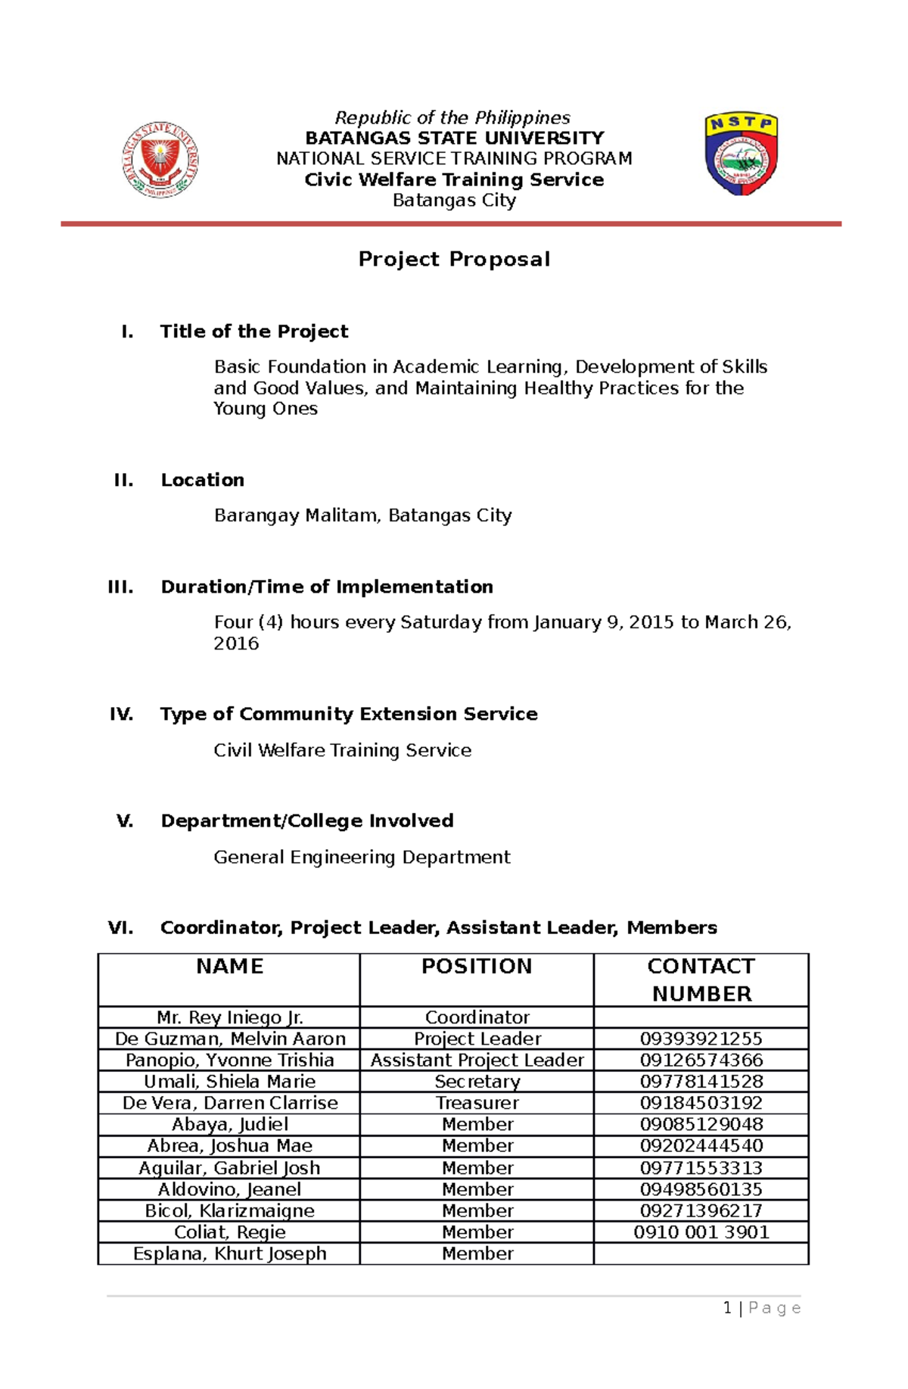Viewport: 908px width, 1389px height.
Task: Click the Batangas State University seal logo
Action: click(160, 160)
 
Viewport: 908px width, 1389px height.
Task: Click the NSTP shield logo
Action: click(742, 154)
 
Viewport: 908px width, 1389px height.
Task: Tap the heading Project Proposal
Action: click(454, 259)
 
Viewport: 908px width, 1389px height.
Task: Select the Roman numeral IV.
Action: click(122, 714)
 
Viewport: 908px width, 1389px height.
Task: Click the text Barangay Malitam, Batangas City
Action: click(362, 515)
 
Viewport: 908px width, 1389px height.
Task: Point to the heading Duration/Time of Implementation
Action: click(326, 587)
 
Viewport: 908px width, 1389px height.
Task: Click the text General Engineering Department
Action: click(362, 857)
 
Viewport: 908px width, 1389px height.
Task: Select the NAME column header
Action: click(229, 967)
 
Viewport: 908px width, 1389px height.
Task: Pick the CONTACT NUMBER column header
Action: click(701, 979)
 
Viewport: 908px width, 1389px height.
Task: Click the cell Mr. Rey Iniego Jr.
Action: click(229, 1017)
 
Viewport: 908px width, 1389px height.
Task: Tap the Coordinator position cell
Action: click(477, 1017)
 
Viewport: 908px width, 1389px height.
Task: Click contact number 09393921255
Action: click(701, 1039)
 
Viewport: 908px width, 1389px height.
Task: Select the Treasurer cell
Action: click(477, 1103)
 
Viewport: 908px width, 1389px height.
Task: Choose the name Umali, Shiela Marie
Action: click(229, 1082)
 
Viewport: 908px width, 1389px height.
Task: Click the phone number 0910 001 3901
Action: click(701, 1232)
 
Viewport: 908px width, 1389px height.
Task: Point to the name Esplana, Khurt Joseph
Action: click(229, 1254)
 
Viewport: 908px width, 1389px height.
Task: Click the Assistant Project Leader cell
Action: click(477, 1060)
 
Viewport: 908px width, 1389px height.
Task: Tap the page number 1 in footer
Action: click(727, 1308)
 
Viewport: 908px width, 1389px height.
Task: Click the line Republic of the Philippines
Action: click(452, 117)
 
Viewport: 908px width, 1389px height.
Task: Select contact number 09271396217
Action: click(701, 1210)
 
